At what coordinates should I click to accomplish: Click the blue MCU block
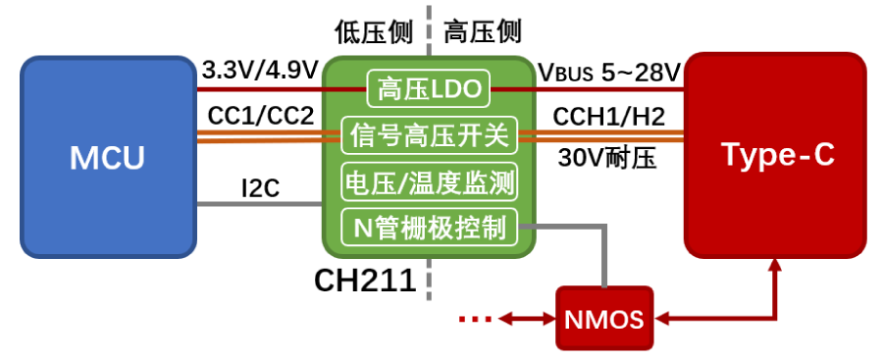(x=107, y=157)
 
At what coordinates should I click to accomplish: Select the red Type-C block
(x=776, y=154)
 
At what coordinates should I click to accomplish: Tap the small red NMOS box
(x=604, y=319)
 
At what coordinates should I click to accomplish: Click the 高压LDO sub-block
(x=429, y=90)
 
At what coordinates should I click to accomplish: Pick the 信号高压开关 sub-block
(x=429, y=136)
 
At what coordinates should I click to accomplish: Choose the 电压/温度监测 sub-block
(x=429, y=182)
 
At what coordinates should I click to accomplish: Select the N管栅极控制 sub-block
(x=429, y=229)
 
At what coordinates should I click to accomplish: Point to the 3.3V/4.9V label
(x=260, y=72)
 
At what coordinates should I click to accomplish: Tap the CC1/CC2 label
(x=260, y=116)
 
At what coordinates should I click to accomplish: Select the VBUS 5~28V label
(x=608, y=72)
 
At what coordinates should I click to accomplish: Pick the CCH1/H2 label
(x=608, y=117)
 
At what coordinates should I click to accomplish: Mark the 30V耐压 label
(x=607, y=157)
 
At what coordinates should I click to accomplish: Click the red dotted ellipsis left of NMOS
(x=475, y=318)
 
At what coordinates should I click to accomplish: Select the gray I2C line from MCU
(x=260, y=205)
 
